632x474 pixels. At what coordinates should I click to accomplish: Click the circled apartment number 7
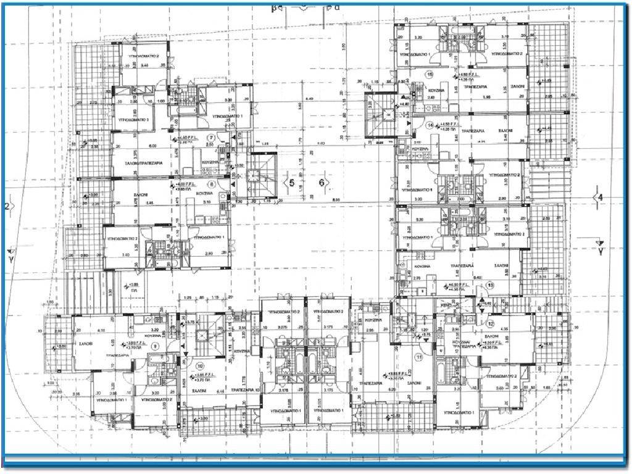(x=211, y=138)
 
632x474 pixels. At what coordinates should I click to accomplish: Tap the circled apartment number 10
(x=199, y=365)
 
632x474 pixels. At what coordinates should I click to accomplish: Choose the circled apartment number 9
(x=155, y=347)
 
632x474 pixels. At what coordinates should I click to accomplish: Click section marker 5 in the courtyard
(x=292, y=183)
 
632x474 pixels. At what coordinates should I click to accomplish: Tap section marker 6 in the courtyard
(x=322, y=183)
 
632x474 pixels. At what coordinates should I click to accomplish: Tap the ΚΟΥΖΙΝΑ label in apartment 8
(x=205, y=193)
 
